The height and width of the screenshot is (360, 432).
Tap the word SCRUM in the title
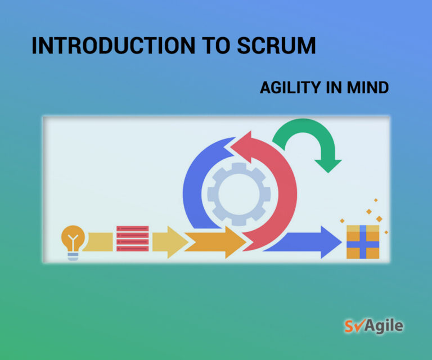coord(276,46)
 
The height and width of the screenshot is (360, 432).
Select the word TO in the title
coord(216,46)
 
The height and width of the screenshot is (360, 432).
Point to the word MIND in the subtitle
coord(368,88)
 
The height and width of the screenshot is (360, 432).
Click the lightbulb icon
coord(73,242)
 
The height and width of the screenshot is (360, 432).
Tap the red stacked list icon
coord(133,238)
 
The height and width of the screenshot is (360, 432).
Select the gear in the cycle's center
coord(239,194)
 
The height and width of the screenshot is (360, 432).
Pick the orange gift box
coord(363,242)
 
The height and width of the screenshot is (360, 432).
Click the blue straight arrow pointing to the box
coord(303,242)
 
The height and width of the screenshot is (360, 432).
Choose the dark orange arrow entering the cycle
coord(215,242)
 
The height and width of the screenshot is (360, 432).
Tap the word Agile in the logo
coord(384,326)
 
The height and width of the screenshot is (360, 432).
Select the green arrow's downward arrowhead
coord(328,166)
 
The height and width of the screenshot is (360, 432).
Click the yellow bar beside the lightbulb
coord(98,242)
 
